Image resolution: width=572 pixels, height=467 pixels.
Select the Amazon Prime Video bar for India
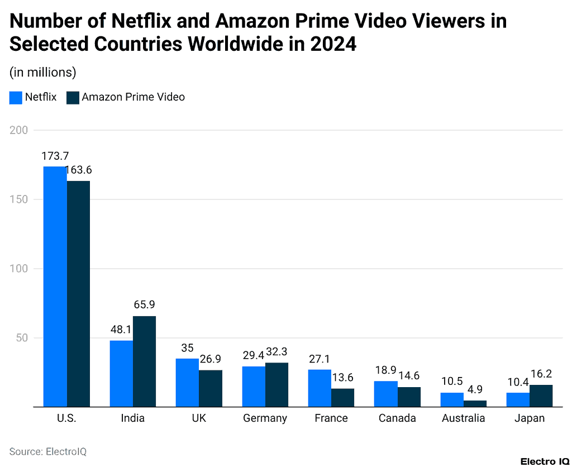144,361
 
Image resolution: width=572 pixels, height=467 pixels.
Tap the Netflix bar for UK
187,383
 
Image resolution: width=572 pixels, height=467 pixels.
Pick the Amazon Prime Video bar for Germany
277,385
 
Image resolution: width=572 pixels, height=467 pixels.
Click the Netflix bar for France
320,388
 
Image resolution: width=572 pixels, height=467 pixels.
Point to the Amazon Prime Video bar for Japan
541,395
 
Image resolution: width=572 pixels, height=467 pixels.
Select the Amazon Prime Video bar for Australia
475,403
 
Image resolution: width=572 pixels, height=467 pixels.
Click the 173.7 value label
55,156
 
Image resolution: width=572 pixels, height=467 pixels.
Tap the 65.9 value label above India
144,305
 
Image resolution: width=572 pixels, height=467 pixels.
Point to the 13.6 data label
342,378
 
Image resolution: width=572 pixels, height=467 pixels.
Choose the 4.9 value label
475,389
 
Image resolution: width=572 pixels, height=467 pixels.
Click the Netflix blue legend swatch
16,97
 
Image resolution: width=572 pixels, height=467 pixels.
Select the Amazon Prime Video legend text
133,97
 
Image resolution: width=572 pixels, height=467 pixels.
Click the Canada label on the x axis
397,418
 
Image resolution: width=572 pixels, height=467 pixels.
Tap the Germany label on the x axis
265,418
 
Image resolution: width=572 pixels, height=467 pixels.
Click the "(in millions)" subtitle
42,72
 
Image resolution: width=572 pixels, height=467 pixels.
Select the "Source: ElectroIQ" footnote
47,451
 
